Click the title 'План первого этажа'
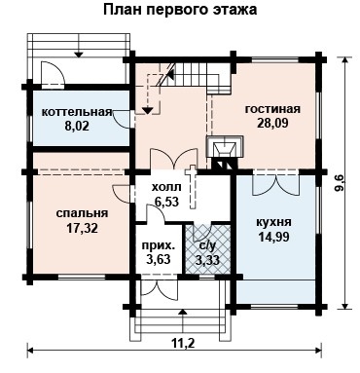[180, 10]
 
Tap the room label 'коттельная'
[77, 112]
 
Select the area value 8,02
[77, 126]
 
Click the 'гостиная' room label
[272, 109]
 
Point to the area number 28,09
[272, 123]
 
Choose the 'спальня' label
[83, 213]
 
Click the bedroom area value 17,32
[83, 228]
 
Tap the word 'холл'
[166, 187]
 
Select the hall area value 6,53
[166, 202]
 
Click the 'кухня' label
[274, 223]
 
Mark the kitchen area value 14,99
[274, 237]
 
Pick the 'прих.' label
[159, 245]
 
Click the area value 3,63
[159, 259]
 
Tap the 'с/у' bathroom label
[207, 246]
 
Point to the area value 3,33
[207, 260]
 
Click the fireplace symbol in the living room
[225, 152]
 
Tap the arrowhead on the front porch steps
[183, 312]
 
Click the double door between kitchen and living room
[275, 184]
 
